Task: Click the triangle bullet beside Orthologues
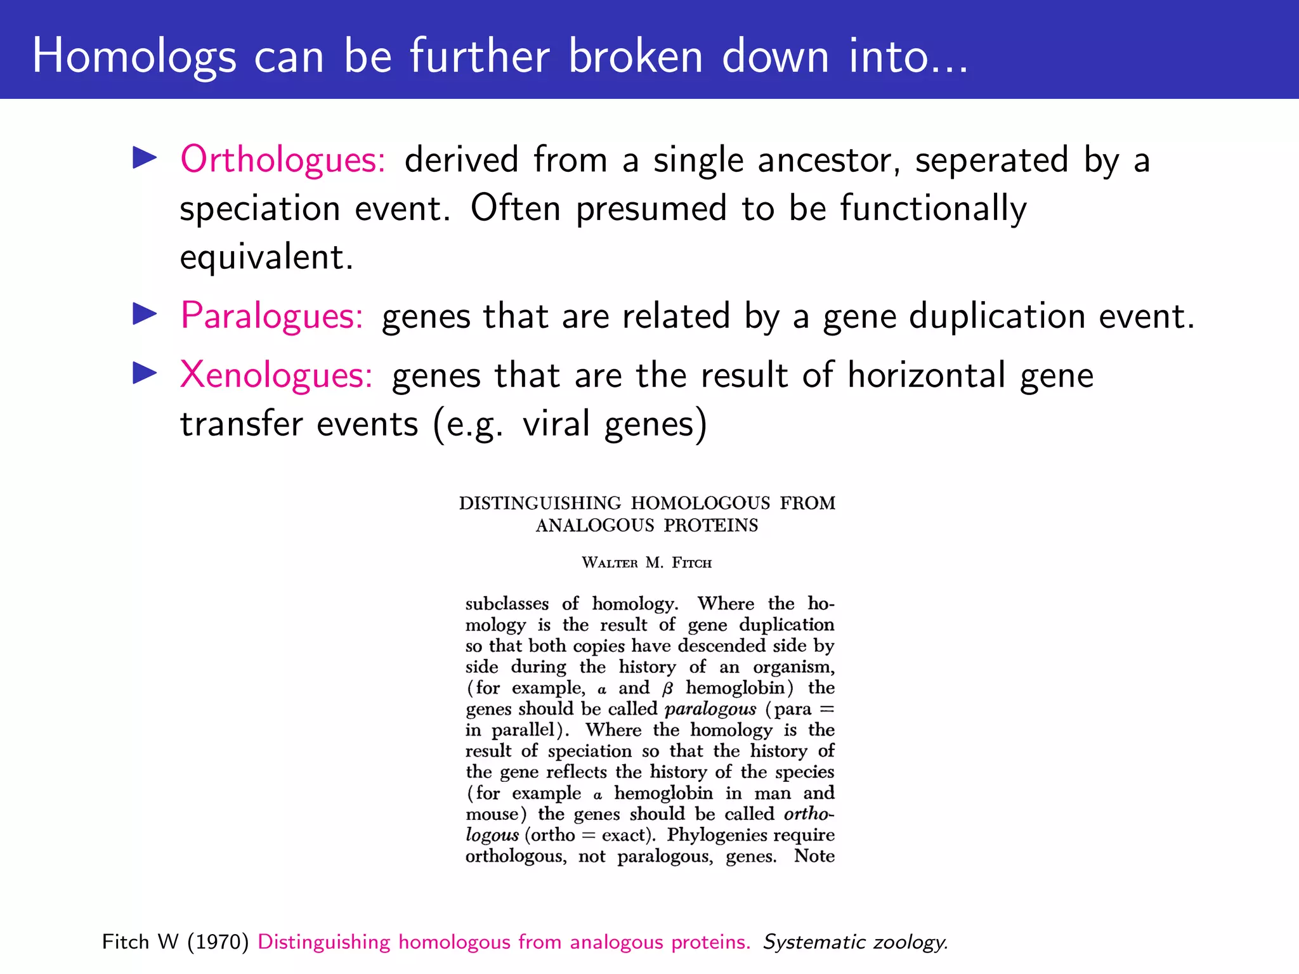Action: [x=145, y=158]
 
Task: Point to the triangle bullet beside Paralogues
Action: [x=145, y=315]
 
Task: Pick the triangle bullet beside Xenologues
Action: [x=145, y=373]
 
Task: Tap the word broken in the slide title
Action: [x=635, y=56]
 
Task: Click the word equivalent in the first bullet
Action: [x=266, y=257]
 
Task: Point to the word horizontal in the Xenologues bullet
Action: [x=926, y=375]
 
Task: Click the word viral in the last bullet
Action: [x=556, y=424]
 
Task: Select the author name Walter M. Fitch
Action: [x=646, y=563]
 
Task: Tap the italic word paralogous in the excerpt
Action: [x=710, y=709]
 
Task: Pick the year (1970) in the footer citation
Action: [x=218, y=942]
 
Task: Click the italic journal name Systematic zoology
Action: [x=854, y=942]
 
